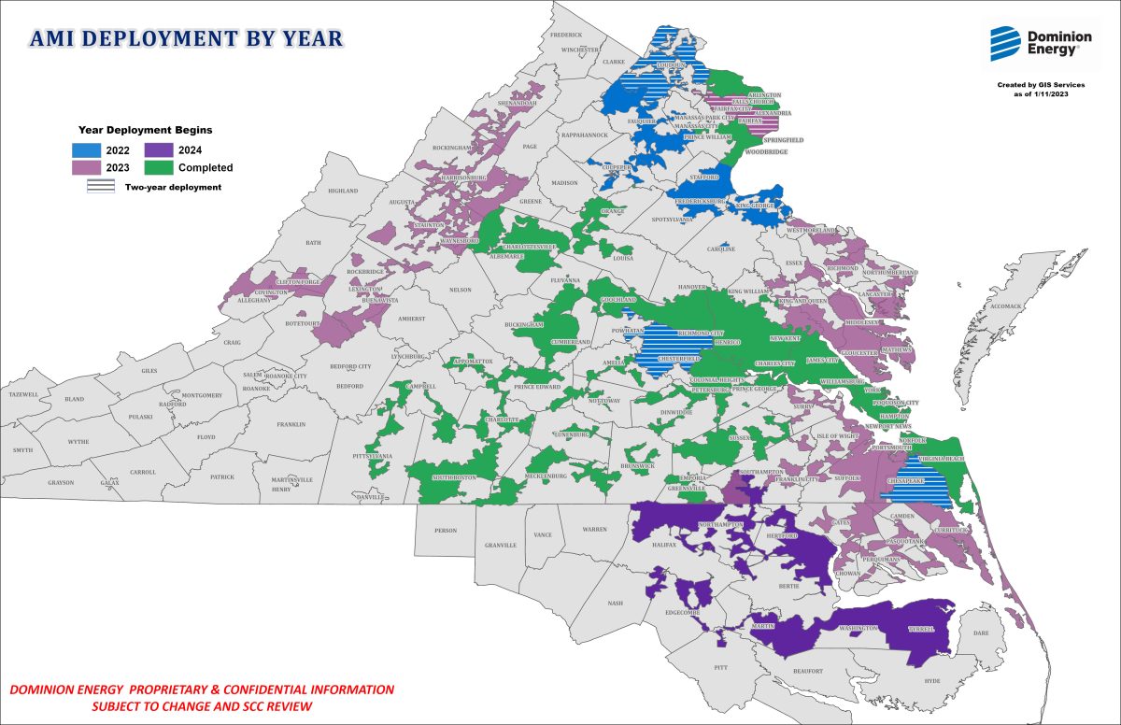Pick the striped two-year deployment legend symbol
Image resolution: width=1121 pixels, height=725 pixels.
point(101,187)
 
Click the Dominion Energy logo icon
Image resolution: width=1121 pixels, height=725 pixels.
point(1006,43)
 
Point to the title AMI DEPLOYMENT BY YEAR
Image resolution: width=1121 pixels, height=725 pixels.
point(187,39)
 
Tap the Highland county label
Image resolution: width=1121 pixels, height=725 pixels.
point(343,191)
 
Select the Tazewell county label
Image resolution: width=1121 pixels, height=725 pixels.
point(22,395)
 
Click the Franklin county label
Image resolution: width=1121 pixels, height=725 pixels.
point(291,424)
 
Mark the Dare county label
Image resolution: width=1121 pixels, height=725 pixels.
point(981,633)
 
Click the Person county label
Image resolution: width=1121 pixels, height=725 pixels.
point(446,530)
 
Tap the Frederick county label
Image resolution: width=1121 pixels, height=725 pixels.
point(566,35)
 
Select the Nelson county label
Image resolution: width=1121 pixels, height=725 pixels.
point(460,290)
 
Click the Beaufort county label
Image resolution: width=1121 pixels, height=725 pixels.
point(809,671)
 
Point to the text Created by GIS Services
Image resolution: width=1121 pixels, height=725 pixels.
point(1041,85)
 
